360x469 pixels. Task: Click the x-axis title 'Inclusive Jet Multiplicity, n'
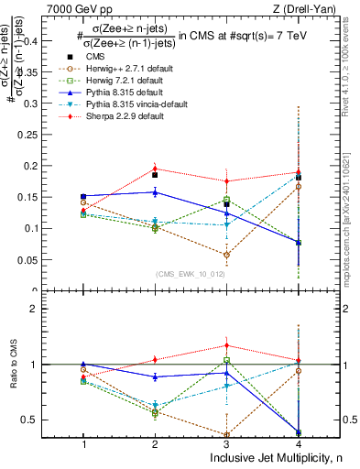pyautogui.click(x=274, y=457)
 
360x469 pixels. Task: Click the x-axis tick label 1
pyautogui.click(x=83, y=443)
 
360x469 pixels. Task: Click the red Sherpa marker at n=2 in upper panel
pyautogui.click(x=155, y=169)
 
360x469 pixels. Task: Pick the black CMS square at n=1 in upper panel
pyautogui.click(x=83, y=196)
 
